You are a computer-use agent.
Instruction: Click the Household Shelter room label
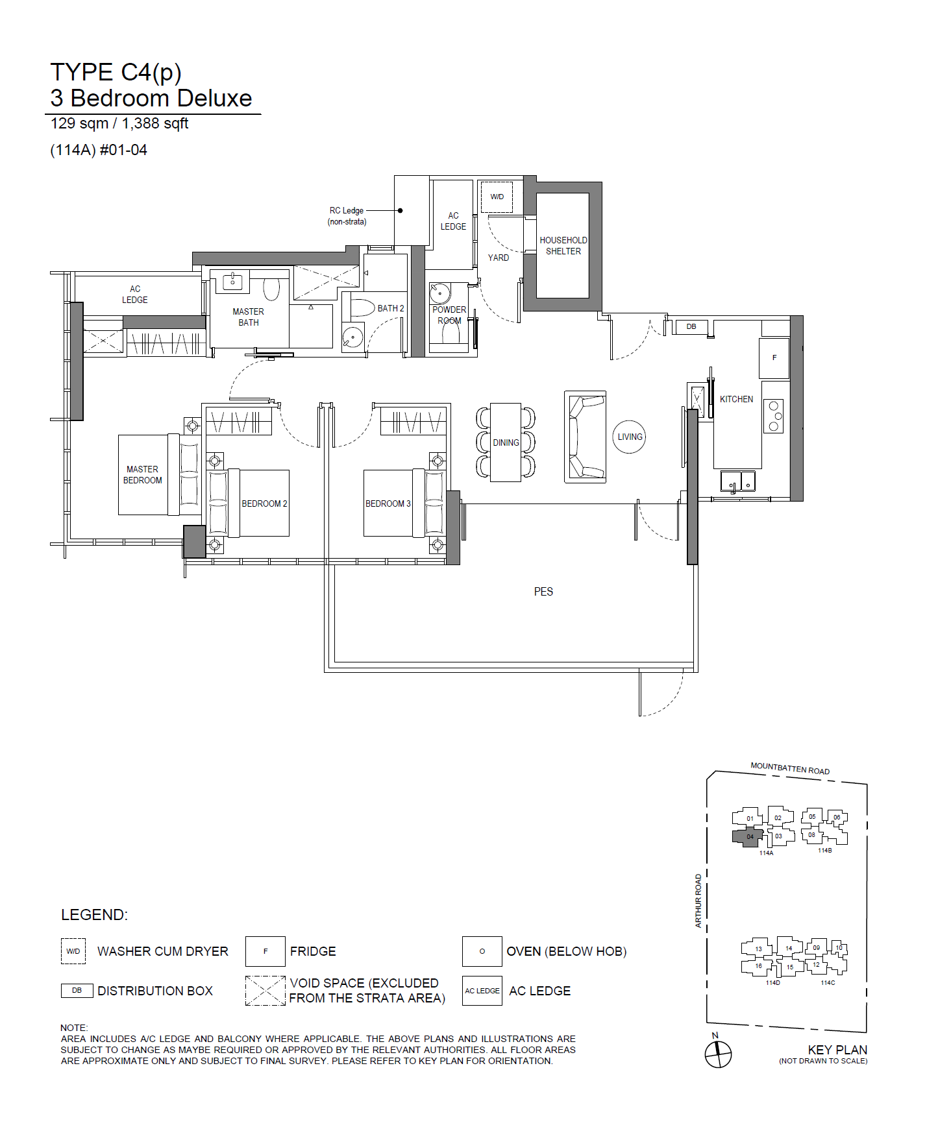click(563, 245)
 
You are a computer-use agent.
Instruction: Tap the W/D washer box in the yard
click(497, 197)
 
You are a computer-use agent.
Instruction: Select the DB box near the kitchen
click(691, 326)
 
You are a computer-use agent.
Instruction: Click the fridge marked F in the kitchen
click(774, 358)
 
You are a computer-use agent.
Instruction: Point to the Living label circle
click(630, 437)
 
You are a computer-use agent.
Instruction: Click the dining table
click(506, 443)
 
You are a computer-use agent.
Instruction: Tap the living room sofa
click(586, 437)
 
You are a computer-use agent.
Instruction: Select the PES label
click(543, 592)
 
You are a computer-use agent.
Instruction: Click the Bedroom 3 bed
click(403, 503)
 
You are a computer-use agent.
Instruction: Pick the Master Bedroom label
click(143, 474)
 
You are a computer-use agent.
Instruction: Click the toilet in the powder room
click(450, 332)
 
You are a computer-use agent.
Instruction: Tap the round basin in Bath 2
click(352, 337)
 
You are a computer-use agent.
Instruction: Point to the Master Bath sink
click(232, 281)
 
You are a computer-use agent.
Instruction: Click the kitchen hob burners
click(773, 416)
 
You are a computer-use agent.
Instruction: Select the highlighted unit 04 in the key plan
click(748, 837)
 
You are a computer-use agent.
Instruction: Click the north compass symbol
click(718, 1054)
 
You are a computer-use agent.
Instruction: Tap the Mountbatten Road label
click(790, 769)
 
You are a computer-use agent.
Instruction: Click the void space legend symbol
click(265, 991)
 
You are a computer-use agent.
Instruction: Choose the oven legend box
click(482, 951)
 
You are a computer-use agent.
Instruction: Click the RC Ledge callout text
click(347, 216)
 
